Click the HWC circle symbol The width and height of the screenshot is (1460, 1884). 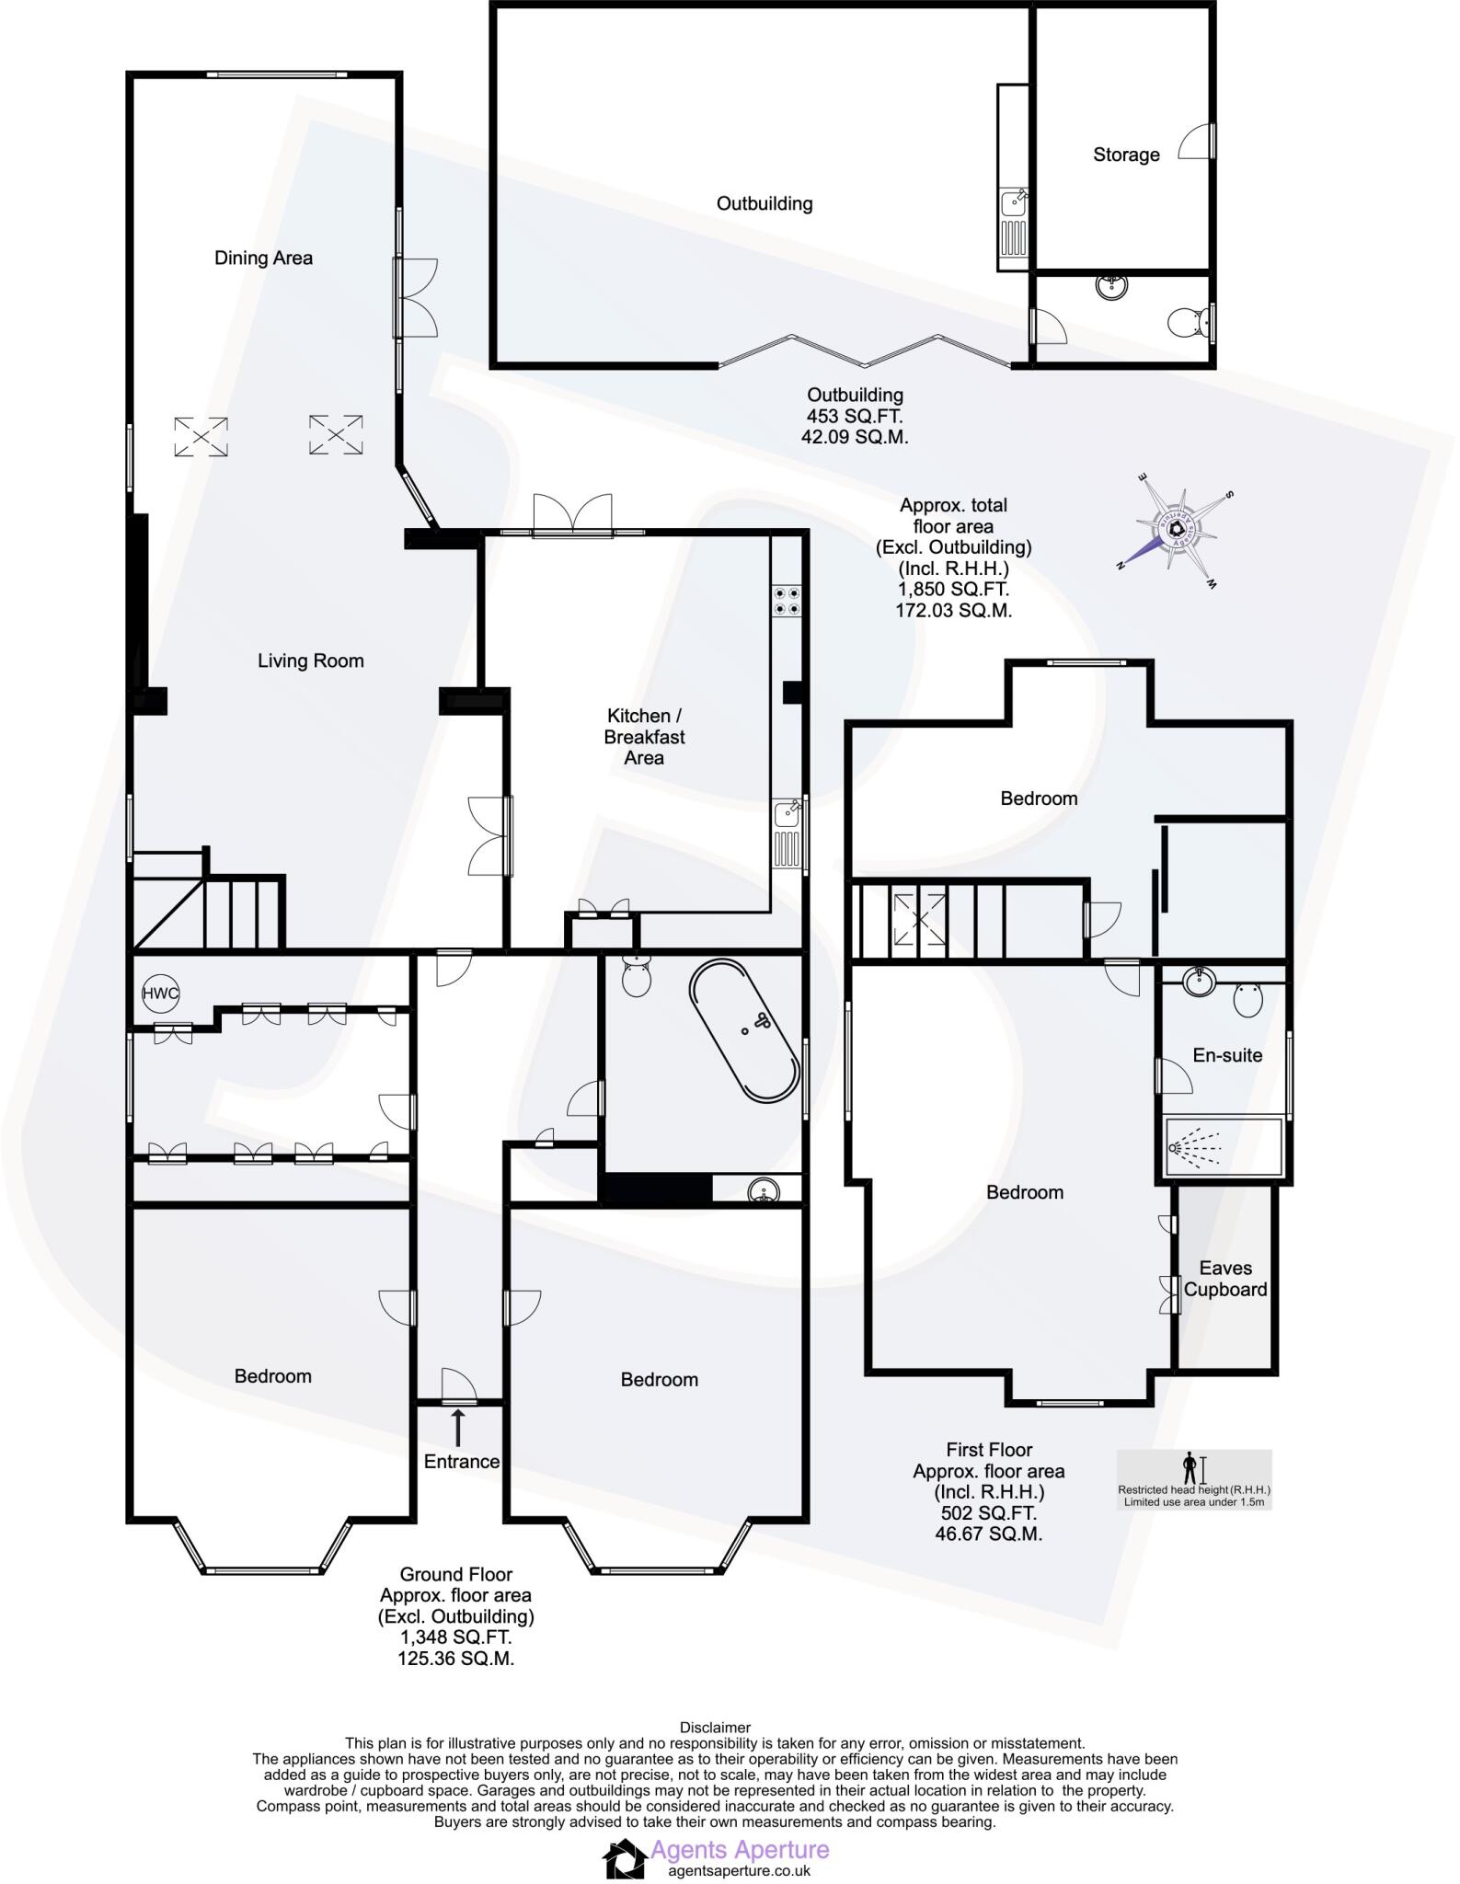coord(160,994)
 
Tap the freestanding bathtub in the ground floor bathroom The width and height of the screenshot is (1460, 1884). coord(744,1030)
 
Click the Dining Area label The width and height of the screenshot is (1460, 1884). coord(263,258)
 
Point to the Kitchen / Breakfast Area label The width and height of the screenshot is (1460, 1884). coord(644,737)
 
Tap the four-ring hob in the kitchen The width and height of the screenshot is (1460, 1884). coord(787,600)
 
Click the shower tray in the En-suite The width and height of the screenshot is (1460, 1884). coord(1224,1147)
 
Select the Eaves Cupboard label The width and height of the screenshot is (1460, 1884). coord(1225,1279)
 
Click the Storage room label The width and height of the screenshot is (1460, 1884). coord(1126,155)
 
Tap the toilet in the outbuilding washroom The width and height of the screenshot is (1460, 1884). coord(1187,322)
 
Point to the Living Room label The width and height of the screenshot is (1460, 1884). coord(310,661)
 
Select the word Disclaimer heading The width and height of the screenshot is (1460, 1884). coord(715,1728)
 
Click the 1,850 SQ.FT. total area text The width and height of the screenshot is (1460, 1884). coord(953,589)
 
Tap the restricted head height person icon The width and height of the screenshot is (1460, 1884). coord(1190,1467)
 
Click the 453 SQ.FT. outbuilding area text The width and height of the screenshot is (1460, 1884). coord(855,416)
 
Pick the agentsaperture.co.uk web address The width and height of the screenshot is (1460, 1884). coord(739,1870)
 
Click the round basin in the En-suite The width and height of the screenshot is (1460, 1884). coord(1200,983)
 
